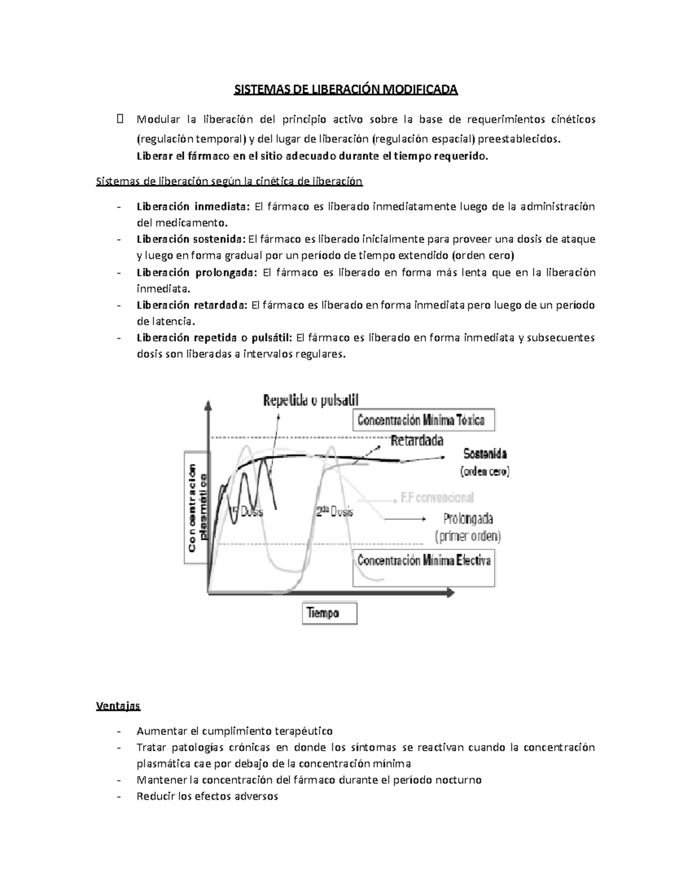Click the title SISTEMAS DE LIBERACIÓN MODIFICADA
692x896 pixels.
pyautogui.click(x=345, y=90)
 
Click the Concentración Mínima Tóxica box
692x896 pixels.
pyautogui.click(x=423, y=420)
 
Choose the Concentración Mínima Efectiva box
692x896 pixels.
pyautogui.click(x=424, y=560)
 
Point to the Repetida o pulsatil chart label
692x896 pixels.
pyautogui.click(x=311, y=400)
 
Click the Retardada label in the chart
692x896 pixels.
pyautogui.click(x=417, y=441)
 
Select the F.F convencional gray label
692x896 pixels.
pyautogui.click(x=437, y=497)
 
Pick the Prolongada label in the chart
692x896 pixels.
pyautogui.click(x=468, y=518)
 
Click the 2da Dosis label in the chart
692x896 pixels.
pyautogui.click(x=334, y=512)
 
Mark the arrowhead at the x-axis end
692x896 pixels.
pyautogui.click(x=449, y=593)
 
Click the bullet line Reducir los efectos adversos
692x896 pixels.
pyautogui.click(x=207, y=796)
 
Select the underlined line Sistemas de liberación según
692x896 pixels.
pyautogui.click(x=229, y=181)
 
